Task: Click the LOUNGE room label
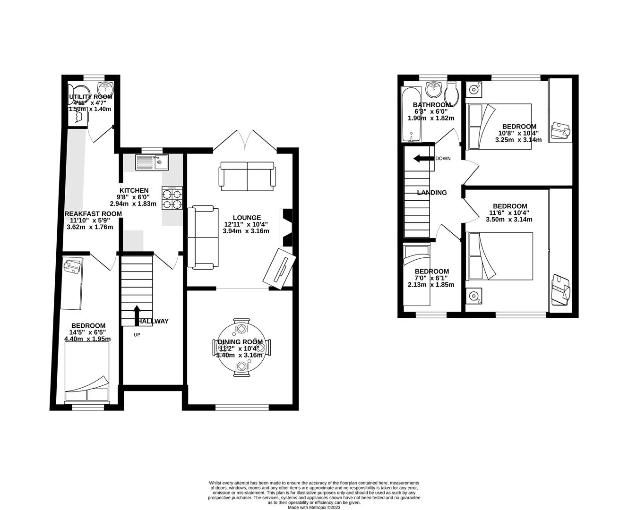tap(246, 218)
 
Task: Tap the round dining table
tap(242, 348)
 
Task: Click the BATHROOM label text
tap(431, 105)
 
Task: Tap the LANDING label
tap(431, 193)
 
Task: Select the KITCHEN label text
tap(133, 190)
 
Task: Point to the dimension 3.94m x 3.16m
tap(246, 231)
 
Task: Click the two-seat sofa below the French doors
tap(246, 176)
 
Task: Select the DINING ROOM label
tap(243, 342)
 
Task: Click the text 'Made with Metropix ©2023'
tap(314, 507)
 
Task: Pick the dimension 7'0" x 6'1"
tap(431, 278)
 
